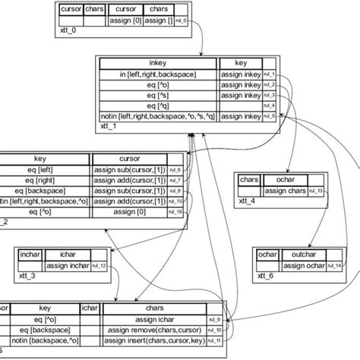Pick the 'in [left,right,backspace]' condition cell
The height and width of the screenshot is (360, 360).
(157, 75)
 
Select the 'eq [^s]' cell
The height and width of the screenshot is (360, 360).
(157, 96)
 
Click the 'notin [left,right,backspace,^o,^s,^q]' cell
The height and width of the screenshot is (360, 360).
(157, 115)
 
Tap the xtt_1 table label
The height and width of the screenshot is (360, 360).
(109, 128)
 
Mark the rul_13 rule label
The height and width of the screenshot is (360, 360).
(321, 190)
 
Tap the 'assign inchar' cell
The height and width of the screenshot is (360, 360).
(67, 265)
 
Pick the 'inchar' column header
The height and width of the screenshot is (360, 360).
(30, 254)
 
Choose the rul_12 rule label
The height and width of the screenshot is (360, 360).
(99, 265)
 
